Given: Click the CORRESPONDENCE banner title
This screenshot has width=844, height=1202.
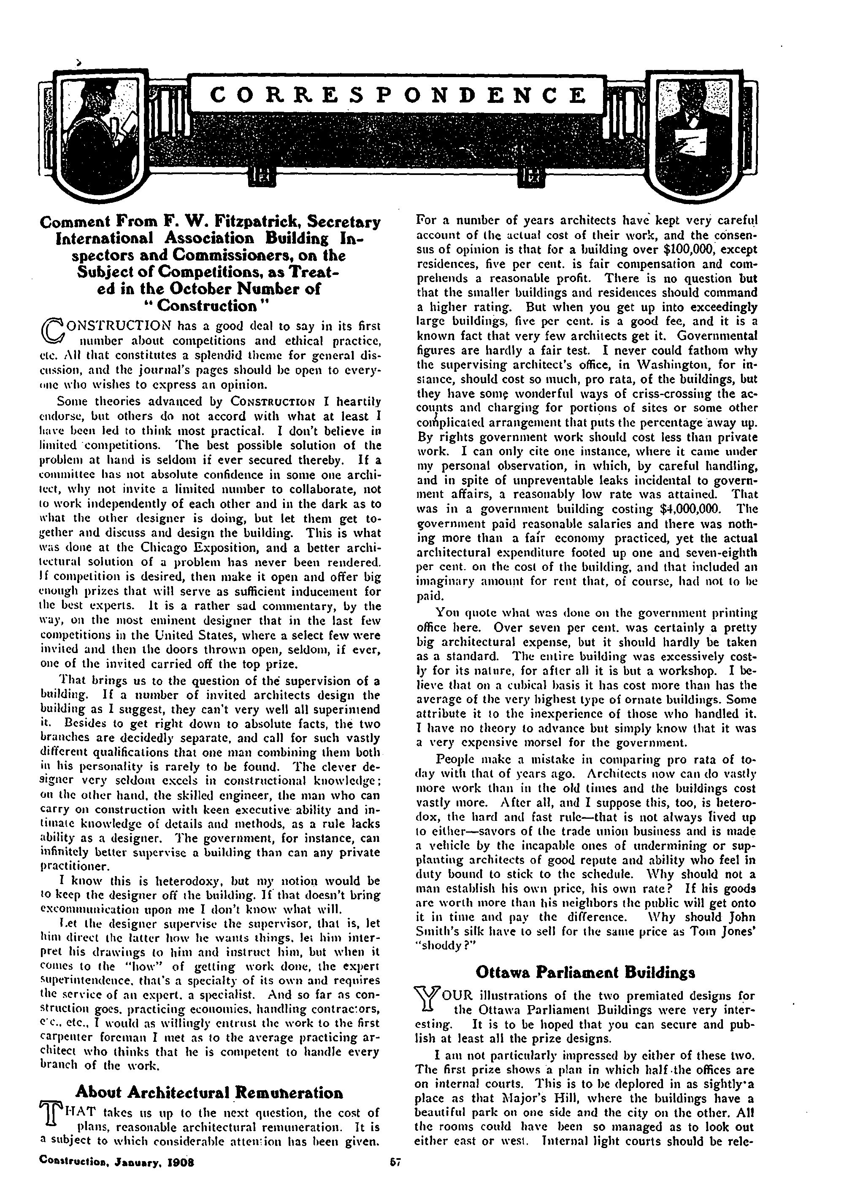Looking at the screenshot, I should pos(401,95).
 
